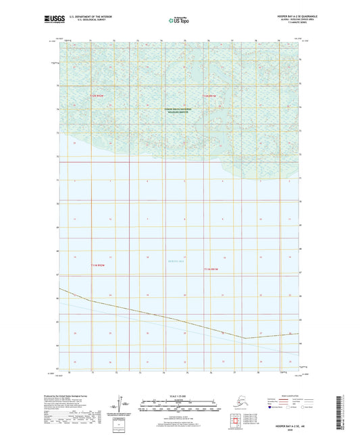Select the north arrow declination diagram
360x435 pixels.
pos(123,405)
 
